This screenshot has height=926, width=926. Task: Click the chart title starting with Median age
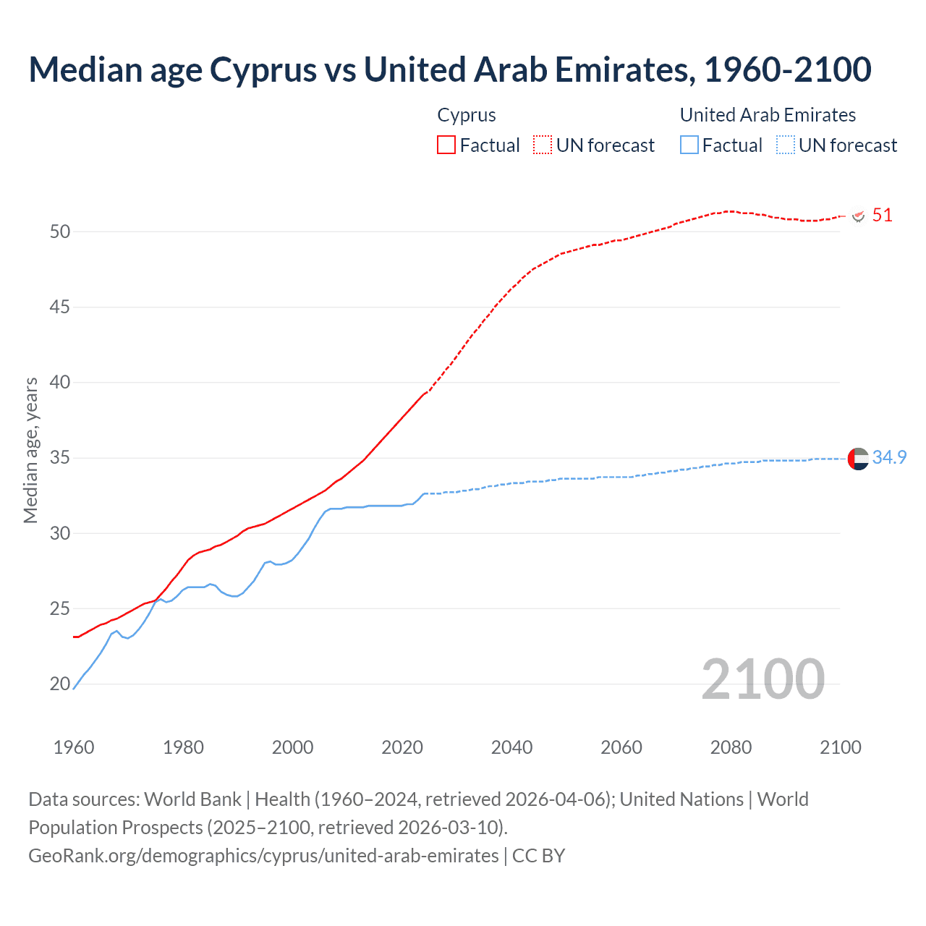(449, 70)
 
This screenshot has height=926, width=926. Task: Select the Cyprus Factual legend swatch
(446, 145)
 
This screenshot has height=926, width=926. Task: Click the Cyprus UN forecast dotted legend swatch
(543, 145)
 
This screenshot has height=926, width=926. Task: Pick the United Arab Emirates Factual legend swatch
(689, 145)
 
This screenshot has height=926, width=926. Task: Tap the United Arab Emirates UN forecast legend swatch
(786, 145)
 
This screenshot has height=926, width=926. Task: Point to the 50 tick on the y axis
(60, 232)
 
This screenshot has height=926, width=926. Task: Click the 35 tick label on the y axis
(60, 458)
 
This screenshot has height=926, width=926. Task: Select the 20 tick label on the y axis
(60, 684)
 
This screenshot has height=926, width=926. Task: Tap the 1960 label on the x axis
(74, 747)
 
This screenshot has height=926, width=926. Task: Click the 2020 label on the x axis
(402, 747)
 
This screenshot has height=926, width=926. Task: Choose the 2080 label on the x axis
(731, 747)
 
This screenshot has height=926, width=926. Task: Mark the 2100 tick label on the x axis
(841, 747)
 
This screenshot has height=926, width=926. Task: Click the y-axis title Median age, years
(30, 450)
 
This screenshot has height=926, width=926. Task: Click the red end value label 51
(882, 216)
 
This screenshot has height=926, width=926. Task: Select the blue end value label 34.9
(889, 458)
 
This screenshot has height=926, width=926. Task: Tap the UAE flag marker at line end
(858, 459)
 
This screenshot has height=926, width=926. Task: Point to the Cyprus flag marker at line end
(859, 216)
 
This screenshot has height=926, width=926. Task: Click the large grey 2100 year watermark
(763, 679)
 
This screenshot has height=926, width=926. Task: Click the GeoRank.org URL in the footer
(263, 856)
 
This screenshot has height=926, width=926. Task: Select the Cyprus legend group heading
(467, 115)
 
